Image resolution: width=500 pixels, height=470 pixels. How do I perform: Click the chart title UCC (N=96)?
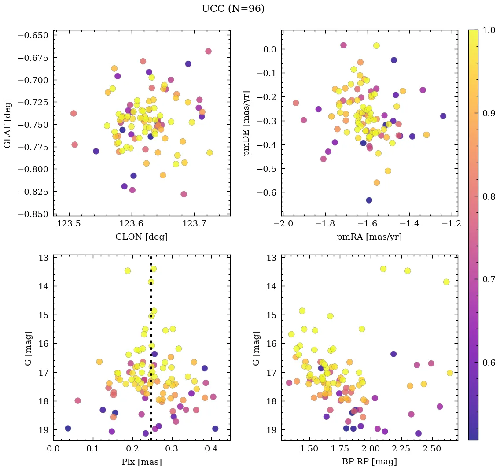click(x=233, y=9)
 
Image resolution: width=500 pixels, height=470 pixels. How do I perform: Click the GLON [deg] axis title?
click(x=141, y=237)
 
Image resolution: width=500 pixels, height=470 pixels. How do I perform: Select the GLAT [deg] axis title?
click(x=7, y=123)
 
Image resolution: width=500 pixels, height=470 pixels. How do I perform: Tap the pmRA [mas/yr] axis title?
click(x=369, y=237)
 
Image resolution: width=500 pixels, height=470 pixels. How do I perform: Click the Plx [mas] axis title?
click(x=141, y=462)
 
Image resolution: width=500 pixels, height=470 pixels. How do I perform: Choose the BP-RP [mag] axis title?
click(x=369, y=462)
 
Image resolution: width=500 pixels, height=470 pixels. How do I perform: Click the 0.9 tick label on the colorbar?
click(x=487, y=113)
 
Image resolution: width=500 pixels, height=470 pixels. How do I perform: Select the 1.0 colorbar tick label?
click(x=487, y=30)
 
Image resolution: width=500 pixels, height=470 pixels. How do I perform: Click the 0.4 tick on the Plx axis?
click(x=212, y=448)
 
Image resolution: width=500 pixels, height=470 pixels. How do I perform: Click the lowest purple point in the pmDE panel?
click(x=369, y=200)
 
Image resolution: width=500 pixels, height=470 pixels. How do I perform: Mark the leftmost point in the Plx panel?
click(x=68, y=428)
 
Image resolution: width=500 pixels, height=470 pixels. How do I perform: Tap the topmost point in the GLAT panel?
click(x=208, y=51)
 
